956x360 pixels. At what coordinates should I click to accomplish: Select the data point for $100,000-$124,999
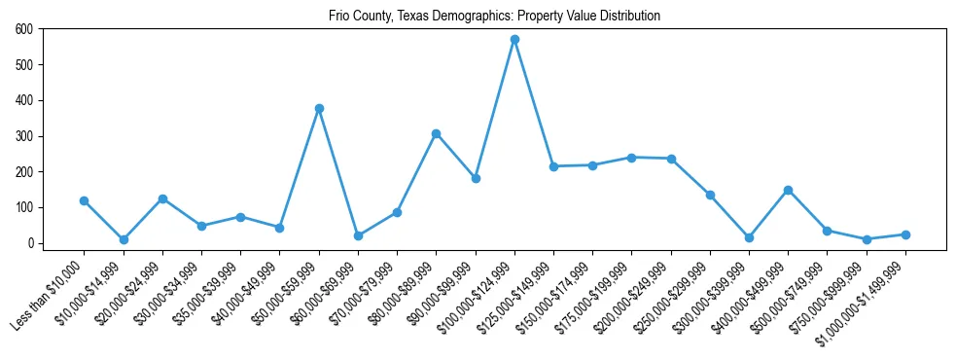click(x=514, y=40)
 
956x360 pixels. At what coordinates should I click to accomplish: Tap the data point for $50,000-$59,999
click(x=319, y=108)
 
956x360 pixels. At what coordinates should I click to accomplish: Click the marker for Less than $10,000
click(x=84, y=200)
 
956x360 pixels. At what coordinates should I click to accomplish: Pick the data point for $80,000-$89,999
click(x=436, y=133)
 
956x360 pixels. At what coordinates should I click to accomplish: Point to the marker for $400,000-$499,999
click(x=788, y=190)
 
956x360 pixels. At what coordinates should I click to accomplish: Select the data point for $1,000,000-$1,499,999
click(x=905, y=234)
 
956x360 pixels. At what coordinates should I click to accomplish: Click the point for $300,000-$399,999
click(x=749, y=237)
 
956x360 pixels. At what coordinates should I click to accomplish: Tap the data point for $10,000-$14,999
click(x=124, y=239)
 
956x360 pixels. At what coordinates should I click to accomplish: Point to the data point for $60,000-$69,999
click(x=358, y=235)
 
